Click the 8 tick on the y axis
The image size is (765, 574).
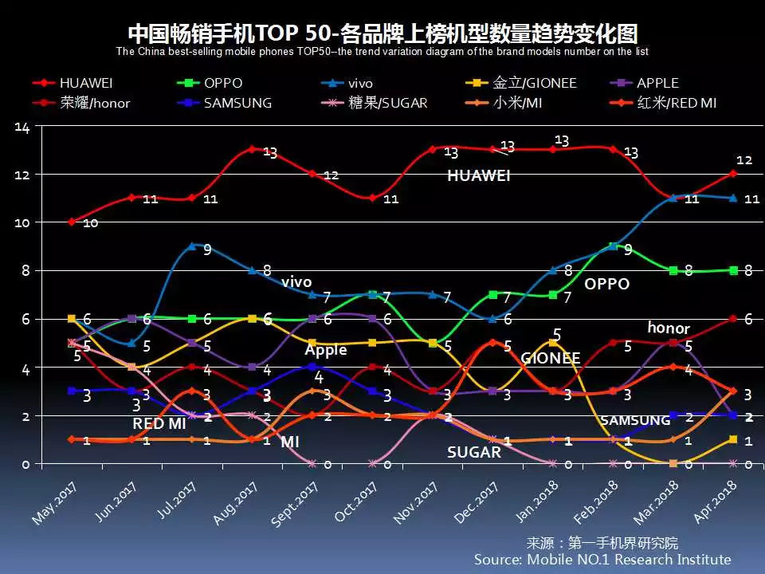[x=25, y=271]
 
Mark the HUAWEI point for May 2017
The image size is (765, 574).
[x=72, y=222]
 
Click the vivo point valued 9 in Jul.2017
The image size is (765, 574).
[x=192, y=246]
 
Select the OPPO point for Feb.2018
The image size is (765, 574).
[x=612, y=246]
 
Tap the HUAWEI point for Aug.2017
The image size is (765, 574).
[x=252, y=149]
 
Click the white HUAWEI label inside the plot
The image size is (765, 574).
[x=478, y=176]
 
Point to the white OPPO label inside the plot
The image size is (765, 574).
[x=606, y=284]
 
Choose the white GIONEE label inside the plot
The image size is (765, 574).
[x=551, y=358]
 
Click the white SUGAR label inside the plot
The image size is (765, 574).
[x=473, y=452]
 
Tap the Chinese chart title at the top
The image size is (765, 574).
[x=382, y=33]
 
